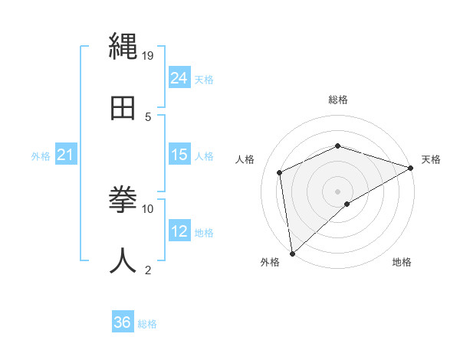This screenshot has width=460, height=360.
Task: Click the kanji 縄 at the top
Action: [123, 47]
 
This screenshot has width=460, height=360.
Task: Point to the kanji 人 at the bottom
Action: [123, 260]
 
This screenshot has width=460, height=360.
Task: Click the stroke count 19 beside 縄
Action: [148, 55]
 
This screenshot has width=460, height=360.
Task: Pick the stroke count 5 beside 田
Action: [148, 116]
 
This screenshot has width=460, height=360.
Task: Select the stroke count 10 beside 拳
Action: [148, 208]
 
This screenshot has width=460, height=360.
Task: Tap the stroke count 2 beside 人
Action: [148, 270]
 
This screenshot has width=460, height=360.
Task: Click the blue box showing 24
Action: [179, 77]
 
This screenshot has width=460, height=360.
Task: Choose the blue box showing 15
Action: [179, 155]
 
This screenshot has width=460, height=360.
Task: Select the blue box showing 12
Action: [179, 231]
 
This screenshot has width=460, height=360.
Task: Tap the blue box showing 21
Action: [66, 155]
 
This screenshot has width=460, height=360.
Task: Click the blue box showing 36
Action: [123, 322]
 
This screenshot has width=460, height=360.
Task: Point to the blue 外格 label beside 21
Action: [41, 156]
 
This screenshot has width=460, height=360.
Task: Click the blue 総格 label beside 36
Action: [147, 324]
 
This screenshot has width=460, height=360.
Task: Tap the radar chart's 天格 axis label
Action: [431, 159]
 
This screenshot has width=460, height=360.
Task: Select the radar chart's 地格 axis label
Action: [402, 263]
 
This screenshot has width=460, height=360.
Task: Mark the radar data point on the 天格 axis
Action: [411, 169]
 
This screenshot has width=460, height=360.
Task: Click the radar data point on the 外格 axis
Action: [292, 254]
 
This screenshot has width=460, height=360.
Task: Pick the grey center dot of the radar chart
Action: [338, 191]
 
